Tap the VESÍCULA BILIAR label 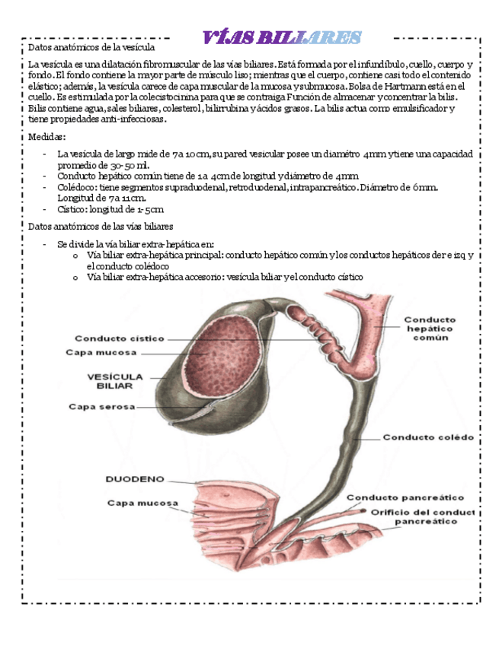click(x=115, y=380)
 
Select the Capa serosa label click(x=101, y=406)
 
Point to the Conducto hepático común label click(x=430, y=329)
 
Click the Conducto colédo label click(x=427, y=437)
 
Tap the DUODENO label click(x=133, y=479)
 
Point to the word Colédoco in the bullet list click(x=78, y=187)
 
